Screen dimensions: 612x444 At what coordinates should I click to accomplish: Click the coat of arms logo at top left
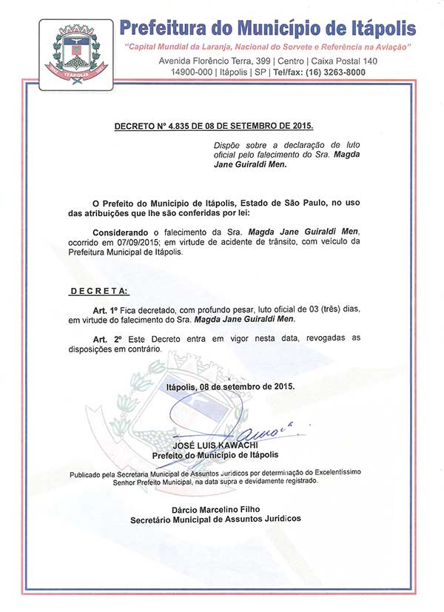click(x=72, y=51)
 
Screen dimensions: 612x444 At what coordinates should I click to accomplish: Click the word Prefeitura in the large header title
click(x=163, y=28)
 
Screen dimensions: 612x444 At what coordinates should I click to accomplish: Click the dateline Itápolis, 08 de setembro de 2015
click(x=230, y=386)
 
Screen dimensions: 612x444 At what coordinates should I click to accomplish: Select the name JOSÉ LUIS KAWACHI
click(x=215, y=446)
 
